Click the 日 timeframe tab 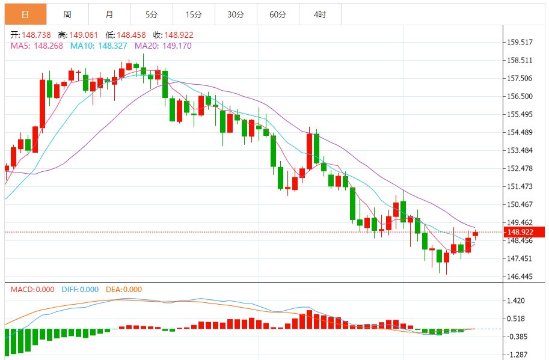pos(25,14)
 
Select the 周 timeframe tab pos(67,14)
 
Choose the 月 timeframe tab pos(109,14)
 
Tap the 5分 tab pos(151,14)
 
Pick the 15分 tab pos(194,14)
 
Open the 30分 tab pos(236,14)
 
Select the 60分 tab pos(278,14)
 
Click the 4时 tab pos(320,14)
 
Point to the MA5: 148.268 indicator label pos(37,45)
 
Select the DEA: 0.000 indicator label pos(124,290)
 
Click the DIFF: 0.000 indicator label pos(81,290)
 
